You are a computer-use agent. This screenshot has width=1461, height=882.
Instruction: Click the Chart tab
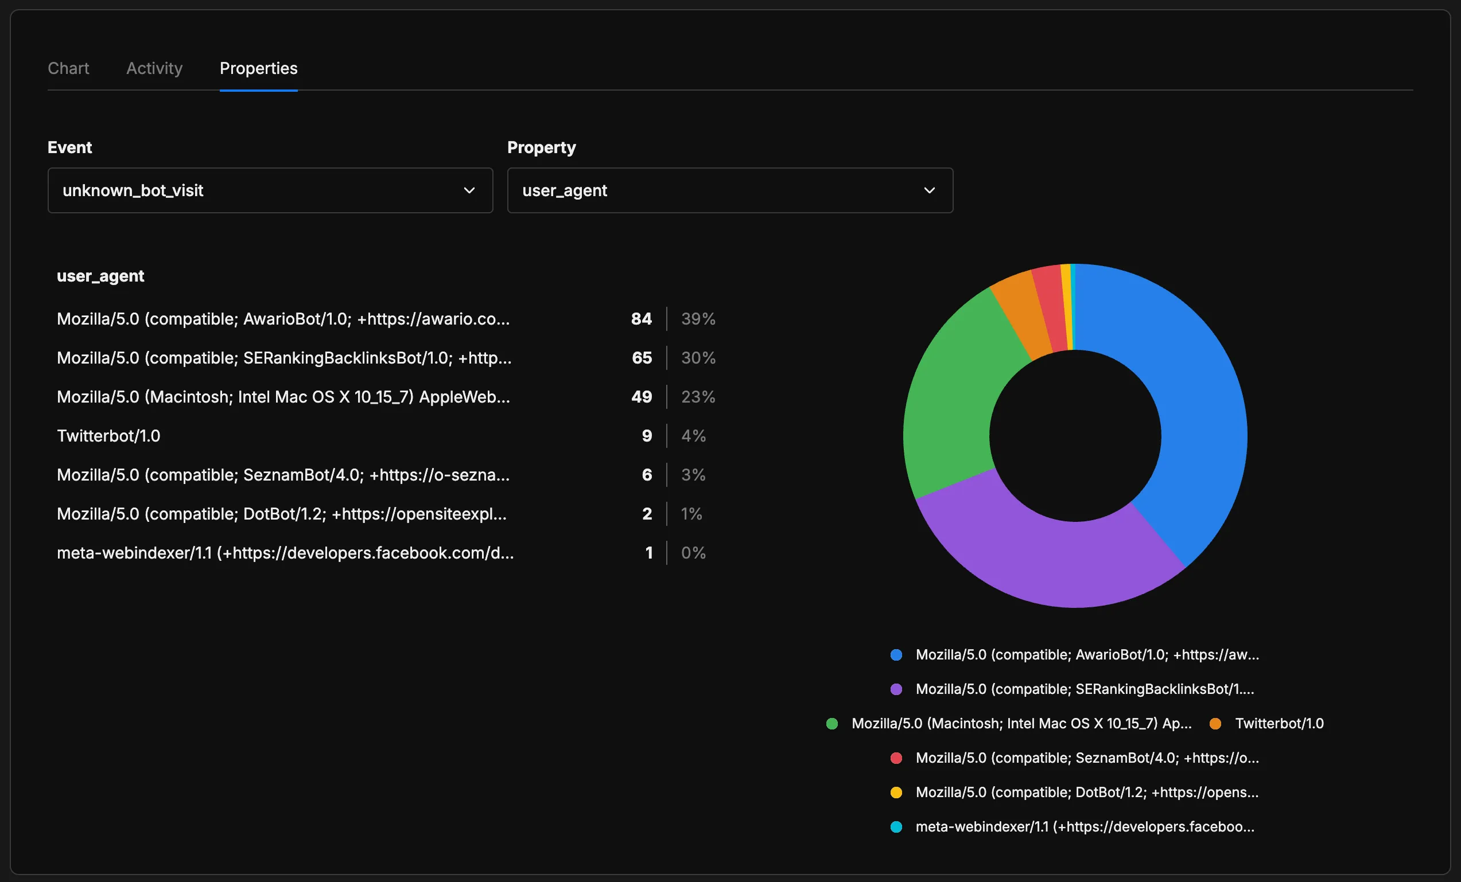(68, 68)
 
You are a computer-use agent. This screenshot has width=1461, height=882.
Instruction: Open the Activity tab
(154, 68)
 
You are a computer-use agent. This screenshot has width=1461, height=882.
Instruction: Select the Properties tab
(259, 68)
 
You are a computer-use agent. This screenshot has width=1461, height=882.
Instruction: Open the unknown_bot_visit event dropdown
(270, 190)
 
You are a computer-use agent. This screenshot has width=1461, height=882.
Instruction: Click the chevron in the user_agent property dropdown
(929, 190)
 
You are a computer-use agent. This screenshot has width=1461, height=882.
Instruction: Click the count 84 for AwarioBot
(641, 319)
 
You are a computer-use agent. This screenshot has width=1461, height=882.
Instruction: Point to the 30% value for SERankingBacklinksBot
(698, 358)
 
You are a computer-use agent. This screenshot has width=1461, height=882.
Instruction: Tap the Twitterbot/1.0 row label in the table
(108, 436)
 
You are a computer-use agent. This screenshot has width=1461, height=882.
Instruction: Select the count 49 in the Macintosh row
(641, 396)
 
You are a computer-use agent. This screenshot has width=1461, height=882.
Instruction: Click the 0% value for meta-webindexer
(693, 552)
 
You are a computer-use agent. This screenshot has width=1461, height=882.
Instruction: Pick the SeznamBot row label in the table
(283, 475)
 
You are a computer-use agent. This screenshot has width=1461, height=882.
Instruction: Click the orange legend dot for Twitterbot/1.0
(1215, 723)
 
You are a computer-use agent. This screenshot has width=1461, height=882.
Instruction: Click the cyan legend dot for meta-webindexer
(896, 826)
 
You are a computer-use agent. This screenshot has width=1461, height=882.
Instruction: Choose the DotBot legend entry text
(1086, 792)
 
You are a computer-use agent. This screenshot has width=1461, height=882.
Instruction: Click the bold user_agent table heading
(100, 276)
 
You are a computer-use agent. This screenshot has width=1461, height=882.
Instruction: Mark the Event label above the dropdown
(69, 147)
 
